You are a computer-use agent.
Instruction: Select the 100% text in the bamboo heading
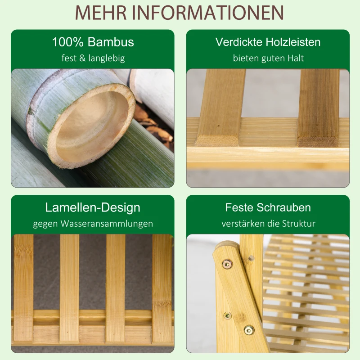coord(67,42)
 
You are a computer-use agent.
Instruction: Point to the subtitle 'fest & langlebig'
coord(93,58)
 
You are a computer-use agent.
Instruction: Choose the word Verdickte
coord(238,42)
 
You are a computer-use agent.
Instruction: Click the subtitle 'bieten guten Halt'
coord(268,58)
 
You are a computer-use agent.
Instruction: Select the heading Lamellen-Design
coord(93,207)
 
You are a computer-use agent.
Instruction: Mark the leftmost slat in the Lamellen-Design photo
coord(23,288)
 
